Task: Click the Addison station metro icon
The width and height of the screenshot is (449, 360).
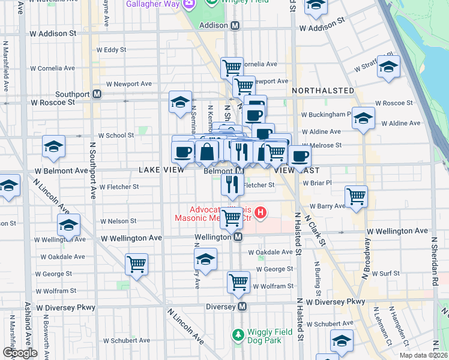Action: pos(235,26)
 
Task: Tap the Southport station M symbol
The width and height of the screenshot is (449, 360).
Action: pos(96,94)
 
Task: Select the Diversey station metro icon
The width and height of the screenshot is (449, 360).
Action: pos(243,307)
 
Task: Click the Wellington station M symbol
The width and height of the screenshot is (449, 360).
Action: pos(238,237)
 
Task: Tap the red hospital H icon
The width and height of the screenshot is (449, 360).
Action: pos(261,212)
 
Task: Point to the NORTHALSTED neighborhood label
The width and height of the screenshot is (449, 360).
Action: pos(323,90)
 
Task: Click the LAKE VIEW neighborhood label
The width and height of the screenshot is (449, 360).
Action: pos(161,170)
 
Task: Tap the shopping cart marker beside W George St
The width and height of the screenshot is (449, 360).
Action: pos(137,263)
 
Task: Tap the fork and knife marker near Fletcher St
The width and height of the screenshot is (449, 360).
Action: pos(232,185)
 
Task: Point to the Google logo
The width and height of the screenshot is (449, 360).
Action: pos(20,353)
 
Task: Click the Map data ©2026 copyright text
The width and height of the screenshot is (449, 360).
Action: pos(423,355)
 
